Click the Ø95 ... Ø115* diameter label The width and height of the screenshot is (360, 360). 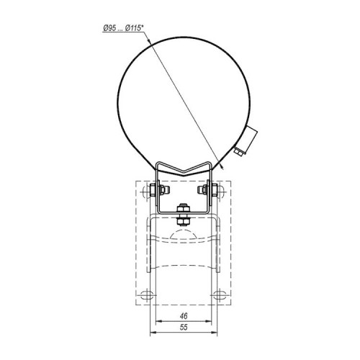click(123, 28)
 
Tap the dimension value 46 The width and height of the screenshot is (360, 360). click(184, 316)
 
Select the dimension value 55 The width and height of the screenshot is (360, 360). click(184, 328)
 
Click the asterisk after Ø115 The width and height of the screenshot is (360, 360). click(143, 26)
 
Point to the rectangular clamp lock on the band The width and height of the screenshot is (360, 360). click(249, 140)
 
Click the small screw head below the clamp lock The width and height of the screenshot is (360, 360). click(239, 153)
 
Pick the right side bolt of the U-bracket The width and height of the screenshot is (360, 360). click(208, 190)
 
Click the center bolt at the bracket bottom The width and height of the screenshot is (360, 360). click(184, 215)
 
